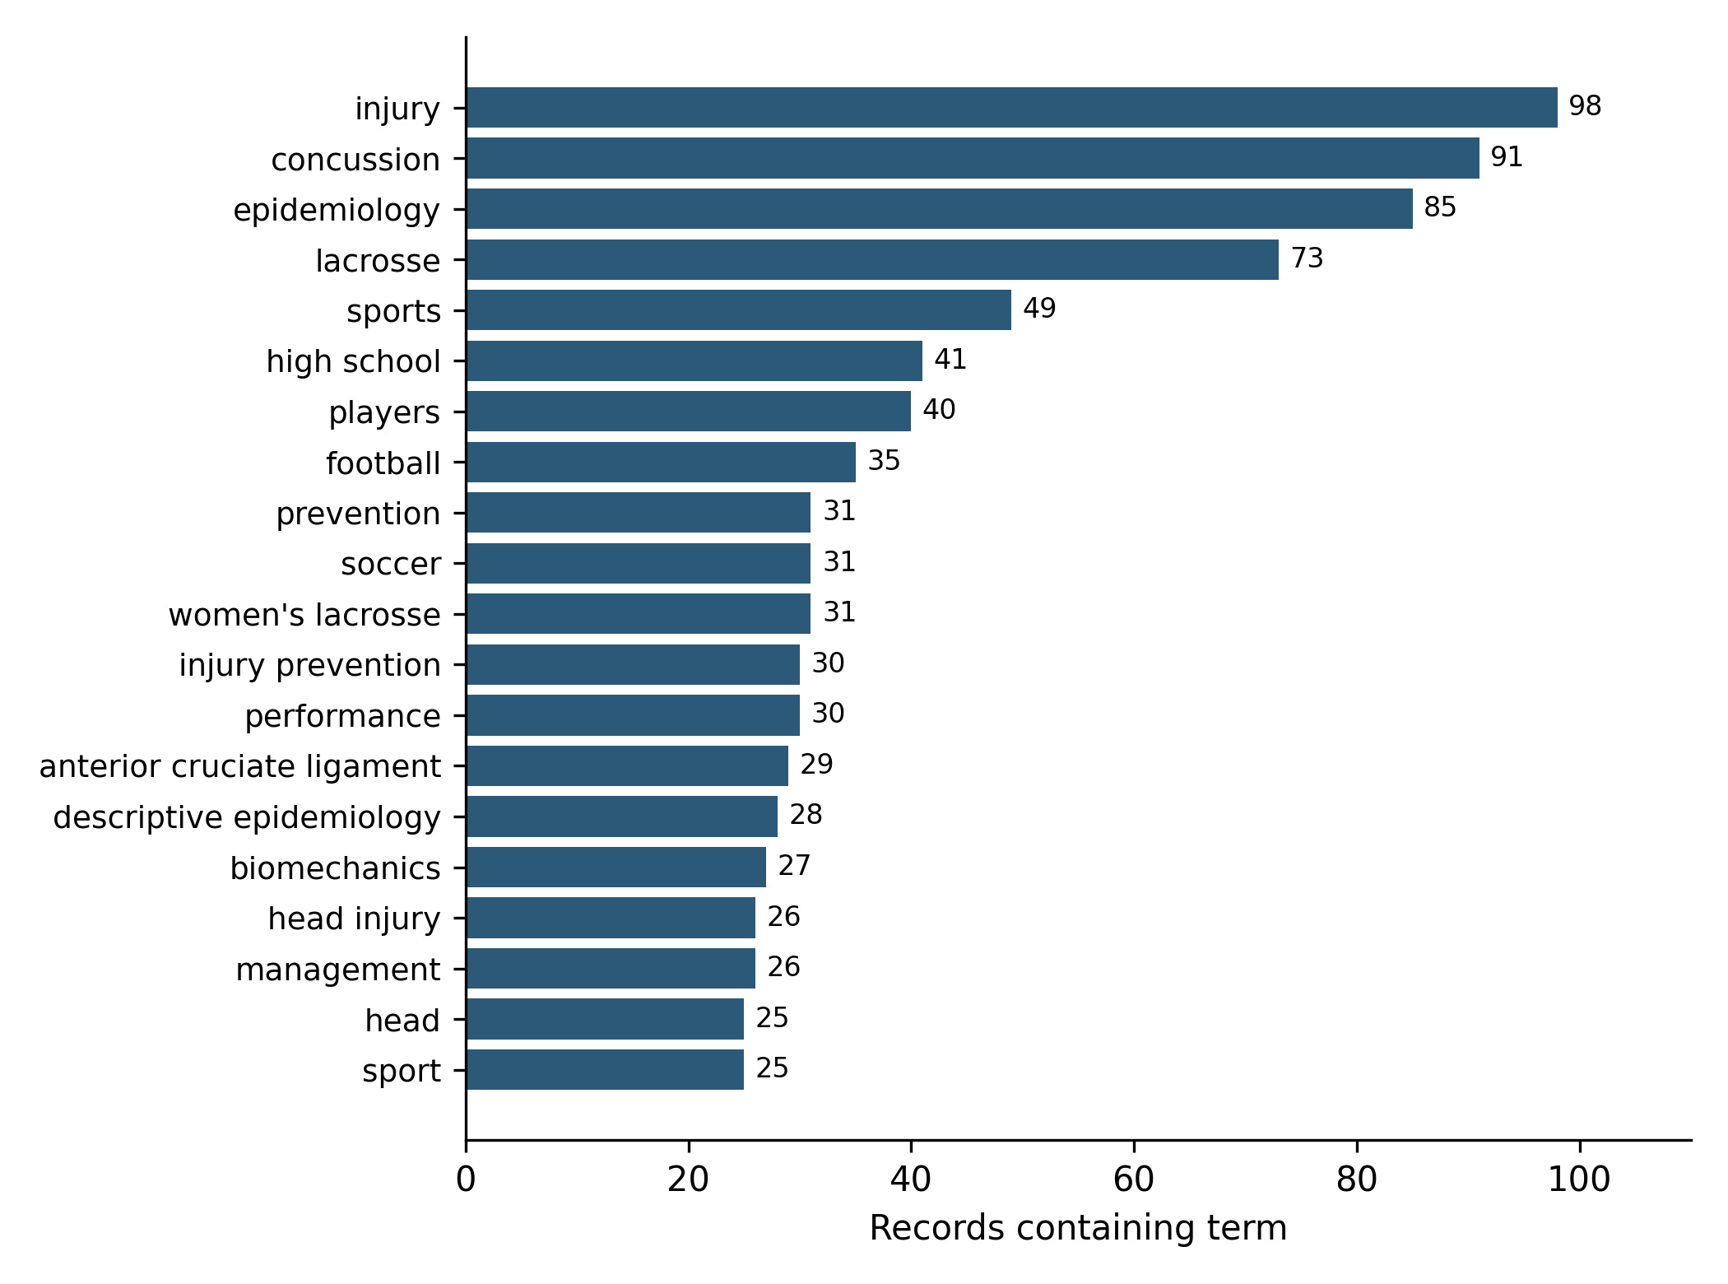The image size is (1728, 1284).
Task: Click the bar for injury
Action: tap(1011, 108)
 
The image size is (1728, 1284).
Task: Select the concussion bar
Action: tap(973, 158)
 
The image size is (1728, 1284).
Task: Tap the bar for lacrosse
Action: tap(872, 260)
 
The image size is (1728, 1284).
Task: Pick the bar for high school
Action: tap(694, 361)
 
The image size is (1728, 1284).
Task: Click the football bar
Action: tap(661, 463)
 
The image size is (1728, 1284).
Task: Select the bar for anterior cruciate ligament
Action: tap(627, 766)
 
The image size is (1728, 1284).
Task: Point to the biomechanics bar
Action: tap(616, 868)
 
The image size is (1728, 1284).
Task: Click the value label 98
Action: tap(1585, 106)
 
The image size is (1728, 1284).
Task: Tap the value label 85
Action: tap(1440, 207)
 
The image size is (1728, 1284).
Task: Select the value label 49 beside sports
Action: tap(1039, 309)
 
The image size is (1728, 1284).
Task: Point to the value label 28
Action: tap(806, 815)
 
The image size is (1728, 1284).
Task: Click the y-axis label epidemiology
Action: tap(337, 210)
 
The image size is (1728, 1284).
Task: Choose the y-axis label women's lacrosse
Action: tap(304, 615)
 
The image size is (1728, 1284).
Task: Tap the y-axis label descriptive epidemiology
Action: tap(247, 817)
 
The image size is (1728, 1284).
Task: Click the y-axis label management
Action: tap(338, 970)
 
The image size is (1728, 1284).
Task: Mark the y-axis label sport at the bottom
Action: tap(402, 1071)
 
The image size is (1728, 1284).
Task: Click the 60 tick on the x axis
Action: tap(1134, 1180)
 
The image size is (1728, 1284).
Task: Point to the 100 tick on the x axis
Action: tap(1579, 1180)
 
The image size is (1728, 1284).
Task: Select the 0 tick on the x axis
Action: tap(466, 1180)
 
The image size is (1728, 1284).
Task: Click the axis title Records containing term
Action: tap(1078, 1228)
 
